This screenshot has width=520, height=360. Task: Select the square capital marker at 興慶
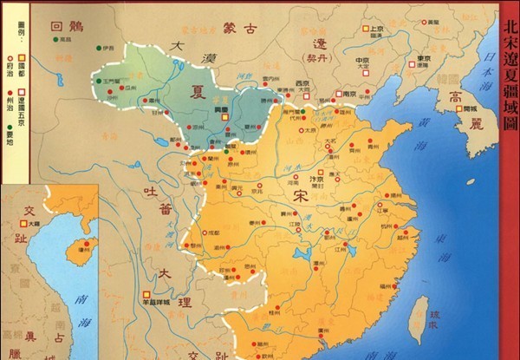(224, 115)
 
